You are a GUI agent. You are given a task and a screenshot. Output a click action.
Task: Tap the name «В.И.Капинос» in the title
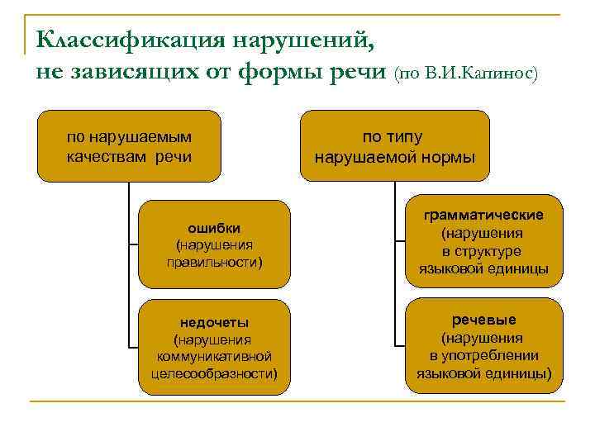coord(478,74)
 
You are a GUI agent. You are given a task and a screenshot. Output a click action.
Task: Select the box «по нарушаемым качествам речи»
coord(129,145)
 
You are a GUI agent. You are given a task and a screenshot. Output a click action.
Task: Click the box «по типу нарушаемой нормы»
coord(395,145)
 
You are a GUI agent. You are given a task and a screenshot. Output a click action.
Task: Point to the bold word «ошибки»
coord(214,227)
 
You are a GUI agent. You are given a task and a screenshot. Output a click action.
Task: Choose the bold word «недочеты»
coord(214,322)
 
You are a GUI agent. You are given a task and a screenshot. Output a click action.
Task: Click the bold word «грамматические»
coord(483,215)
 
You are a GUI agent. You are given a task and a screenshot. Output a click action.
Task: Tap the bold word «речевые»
coord(483,319)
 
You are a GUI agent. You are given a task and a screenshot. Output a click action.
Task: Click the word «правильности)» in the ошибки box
coord(214,263)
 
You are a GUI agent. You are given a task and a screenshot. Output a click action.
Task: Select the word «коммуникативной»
coord(214,356)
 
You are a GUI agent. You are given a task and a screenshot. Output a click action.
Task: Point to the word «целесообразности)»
coord(214,373)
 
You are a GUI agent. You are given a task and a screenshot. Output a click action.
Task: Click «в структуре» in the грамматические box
coord(482,251)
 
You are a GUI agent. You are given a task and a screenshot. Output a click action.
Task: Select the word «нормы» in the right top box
coord(445,155)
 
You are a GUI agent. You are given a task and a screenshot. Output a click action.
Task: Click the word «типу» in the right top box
coord(406,136)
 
